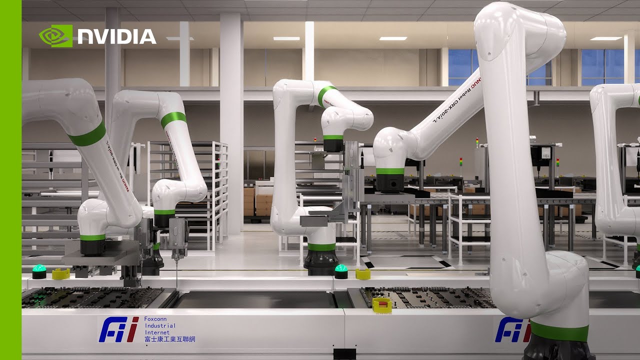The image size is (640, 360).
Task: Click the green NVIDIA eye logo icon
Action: tap(55, 36)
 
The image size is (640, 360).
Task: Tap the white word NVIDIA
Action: tap(117, 36)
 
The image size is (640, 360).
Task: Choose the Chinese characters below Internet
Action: tap(169, 339)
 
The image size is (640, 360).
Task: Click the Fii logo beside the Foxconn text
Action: tap(118, 329)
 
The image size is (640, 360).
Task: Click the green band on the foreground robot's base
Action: tap(559, 331)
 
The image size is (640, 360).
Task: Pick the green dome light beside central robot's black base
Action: tap(341, 271)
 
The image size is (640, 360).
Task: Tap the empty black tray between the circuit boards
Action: tap(255, 299)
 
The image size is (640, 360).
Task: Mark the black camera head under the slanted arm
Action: tap(387, 182)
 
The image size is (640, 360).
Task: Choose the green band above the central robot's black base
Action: tap(321, 246)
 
